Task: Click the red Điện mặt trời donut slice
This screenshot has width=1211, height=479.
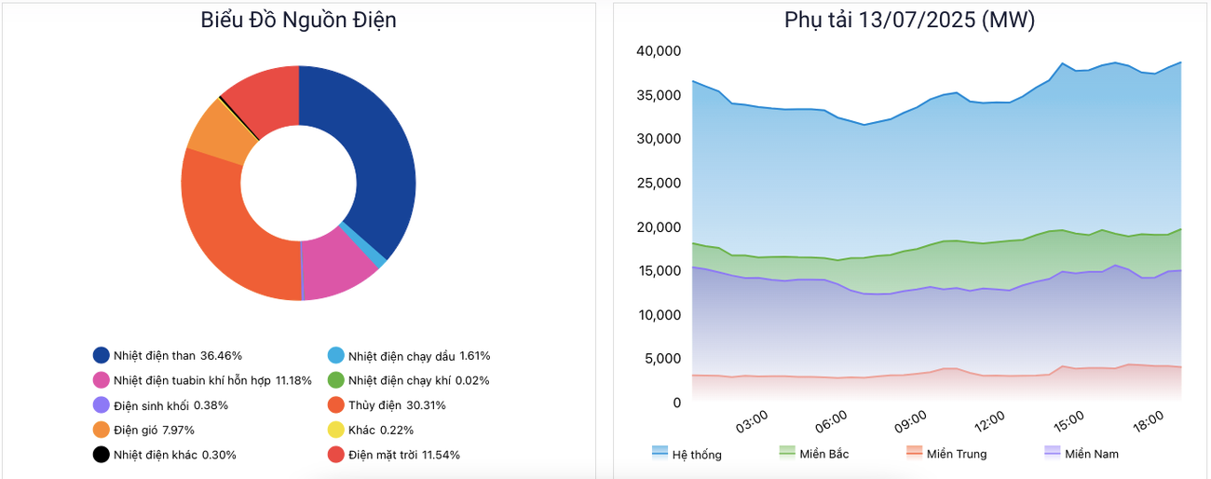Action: point(266,93)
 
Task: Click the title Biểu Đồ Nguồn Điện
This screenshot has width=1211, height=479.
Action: point(298,20)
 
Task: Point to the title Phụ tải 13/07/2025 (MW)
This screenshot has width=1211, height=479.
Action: point(909,20)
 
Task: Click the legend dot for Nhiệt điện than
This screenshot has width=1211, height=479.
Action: point(102,355)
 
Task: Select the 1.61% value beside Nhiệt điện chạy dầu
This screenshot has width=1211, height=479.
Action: point(474,356)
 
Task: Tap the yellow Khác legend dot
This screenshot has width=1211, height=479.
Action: point(336,430)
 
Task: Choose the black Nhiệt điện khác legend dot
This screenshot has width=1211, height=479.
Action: point(102,455)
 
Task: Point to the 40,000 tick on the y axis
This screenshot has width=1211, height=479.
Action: point(659,50)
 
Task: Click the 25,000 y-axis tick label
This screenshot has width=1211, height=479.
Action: point(659,183)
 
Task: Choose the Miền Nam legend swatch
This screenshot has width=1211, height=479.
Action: point(1053,452)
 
